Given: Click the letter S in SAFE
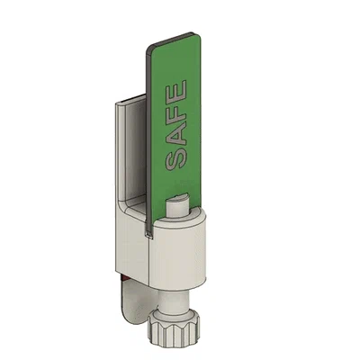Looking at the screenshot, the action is (176, 161).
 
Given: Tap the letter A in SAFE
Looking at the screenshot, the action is (176, 137).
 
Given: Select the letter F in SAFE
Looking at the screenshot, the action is (176, 115).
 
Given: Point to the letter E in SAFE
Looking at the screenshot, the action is (176, 93).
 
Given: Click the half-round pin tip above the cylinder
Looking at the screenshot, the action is (178, 204).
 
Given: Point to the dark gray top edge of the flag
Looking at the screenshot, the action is (174, 39).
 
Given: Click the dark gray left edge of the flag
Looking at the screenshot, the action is (148, 135).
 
